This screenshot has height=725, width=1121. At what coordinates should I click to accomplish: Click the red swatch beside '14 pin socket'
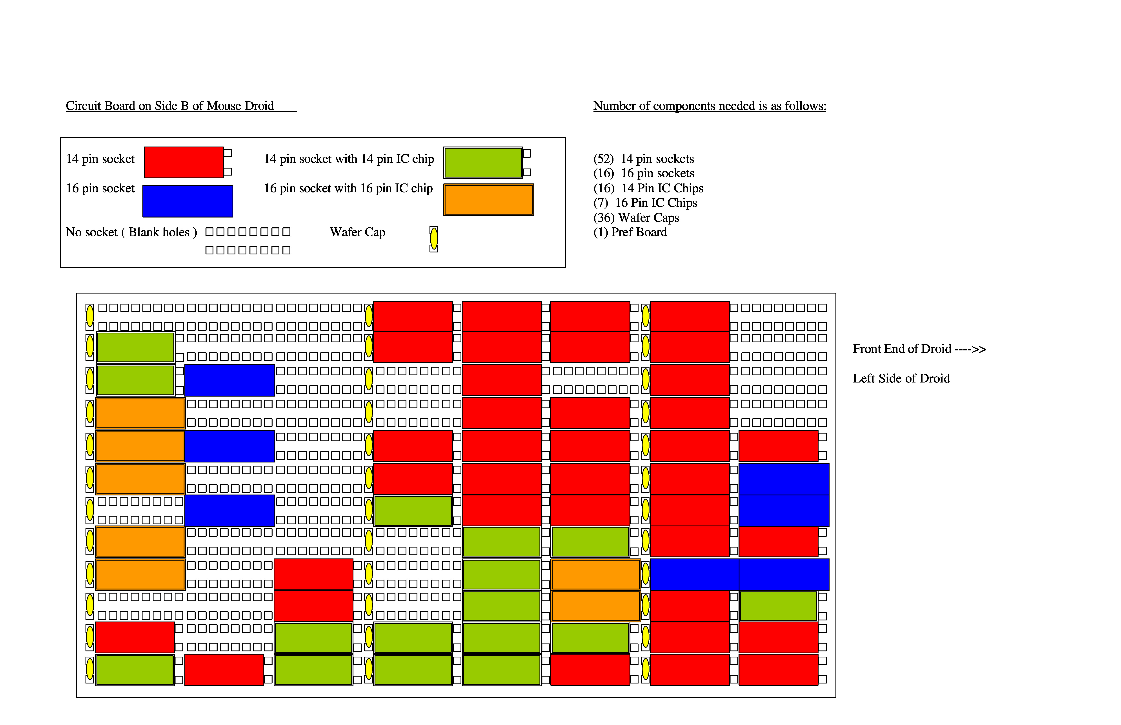184,162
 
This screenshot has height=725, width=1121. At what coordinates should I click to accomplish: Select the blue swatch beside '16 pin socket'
187,201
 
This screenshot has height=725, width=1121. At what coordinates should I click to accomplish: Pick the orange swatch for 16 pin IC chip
488,200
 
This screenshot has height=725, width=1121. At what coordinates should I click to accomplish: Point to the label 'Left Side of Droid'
901,379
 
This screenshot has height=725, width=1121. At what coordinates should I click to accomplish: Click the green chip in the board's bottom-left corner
135,670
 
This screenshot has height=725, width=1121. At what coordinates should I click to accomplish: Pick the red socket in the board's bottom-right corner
778,669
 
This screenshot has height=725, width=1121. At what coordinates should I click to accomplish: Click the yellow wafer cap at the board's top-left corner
89,316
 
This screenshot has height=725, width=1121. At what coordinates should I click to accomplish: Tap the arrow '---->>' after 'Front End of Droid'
970,349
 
